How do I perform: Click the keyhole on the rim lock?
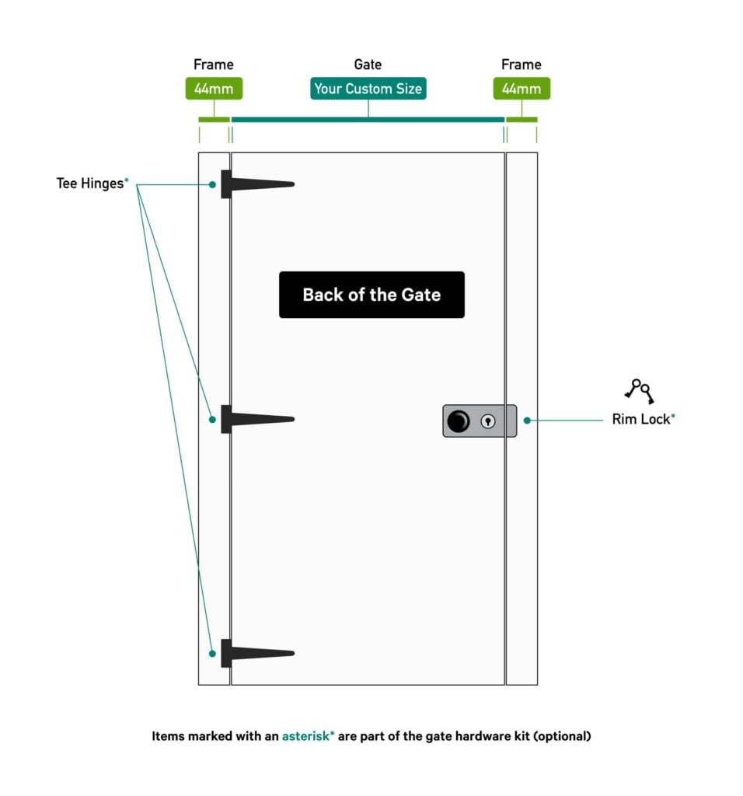488,421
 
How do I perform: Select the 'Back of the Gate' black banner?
371,295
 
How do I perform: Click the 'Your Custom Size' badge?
368,89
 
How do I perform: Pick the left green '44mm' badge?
214,89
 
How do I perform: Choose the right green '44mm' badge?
521,89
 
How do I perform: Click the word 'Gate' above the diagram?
368,65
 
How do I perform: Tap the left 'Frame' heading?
214,65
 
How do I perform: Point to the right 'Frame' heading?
521,65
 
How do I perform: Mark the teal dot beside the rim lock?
527,420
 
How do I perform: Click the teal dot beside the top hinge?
212,184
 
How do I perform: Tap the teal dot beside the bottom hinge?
212,652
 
